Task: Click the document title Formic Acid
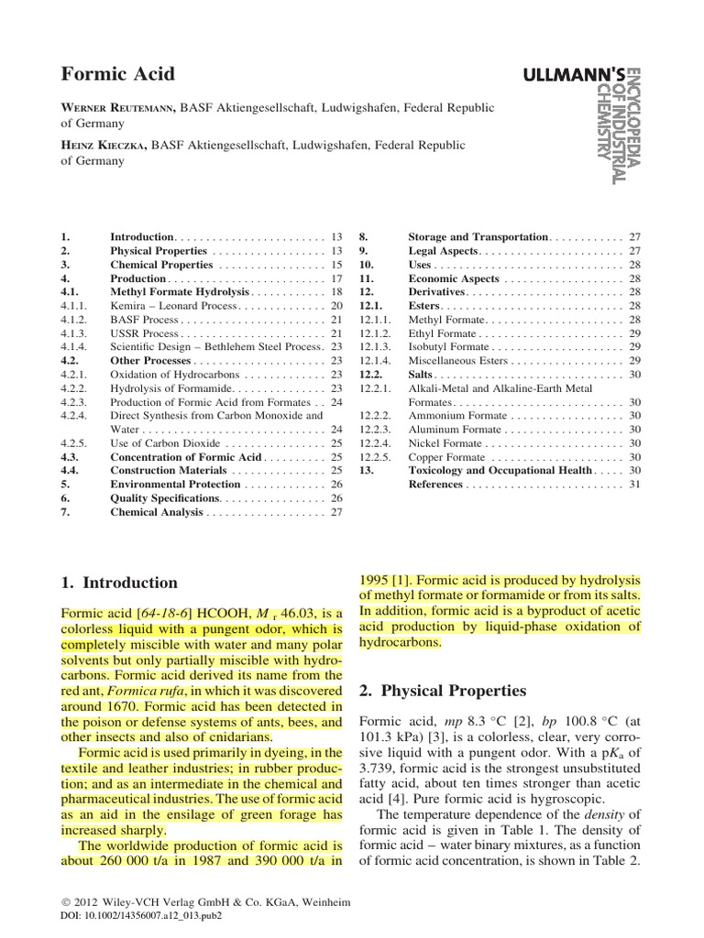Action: tap(117, 74)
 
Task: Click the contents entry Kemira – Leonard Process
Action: tap(171, 305)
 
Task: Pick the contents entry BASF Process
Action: tap(144, 320)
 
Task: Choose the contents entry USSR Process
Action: tap(144, 334)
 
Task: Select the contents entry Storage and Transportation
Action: tap(477, 237)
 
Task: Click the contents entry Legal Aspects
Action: tap(443, 251)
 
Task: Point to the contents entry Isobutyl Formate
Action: tap(448, 347)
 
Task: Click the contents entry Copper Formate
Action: tap(445, 457)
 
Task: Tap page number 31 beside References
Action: tap(633, 484)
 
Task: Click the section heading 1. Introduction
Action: tap(119, 583)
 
